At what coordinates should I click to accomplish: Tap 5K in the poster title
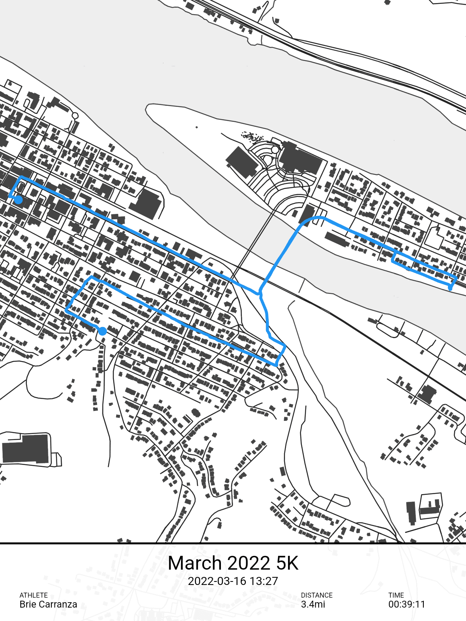[287, 563]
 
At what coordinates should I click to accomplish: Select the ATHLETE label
[34, 595]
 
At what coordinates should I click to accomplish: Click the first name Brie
[28, 605]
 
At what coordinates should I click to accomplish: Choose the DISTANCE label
[316, 595]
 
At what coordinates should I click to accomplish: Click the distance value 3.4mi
[313, 605]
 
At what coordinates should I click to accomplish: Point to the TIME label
[396, 595]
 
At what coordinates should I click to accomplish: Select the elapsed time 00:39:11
[407, 605]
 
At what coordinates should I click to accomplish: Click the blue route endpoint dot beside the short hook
[18, 200]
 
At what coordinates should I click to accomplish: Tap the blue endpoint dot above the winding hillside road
[102, 331]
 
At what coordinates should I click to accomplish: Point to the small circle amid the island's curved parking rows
[275, 149]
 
